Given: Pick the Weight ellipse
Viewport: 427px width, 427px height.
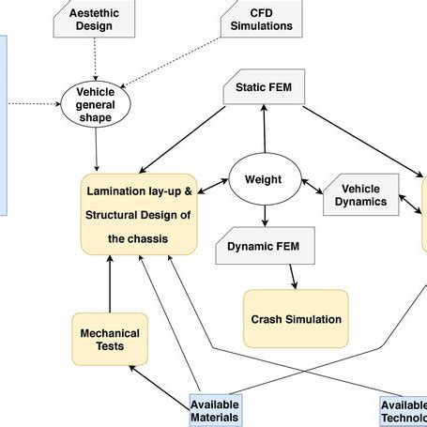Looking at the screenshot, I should point(263,178).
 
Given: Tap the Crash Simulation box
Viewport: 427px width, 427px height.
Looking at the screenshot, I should point(296,319).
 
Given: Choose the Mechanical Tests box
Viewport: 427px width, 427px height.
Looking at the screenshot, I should point(110,339).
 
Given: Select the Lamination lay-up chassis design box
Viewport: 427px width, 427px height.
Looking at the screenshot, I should point(139,214).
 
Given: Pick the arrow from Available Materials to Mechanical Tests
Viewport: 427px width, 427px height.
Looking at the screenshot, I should point(160,386).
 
